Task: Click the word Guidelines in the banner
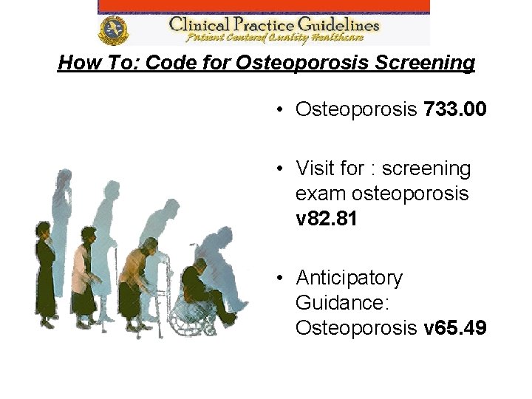point(332,24)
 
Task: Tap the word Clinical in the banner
point(194,24)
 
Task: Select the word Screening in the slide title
point(425,63)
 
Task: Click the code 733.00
point(454,110)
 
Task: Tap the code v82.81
point(327,219)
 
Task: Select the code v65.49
point(455,328)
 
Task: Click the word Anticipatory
point(349,278)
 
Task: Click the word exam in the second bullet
point(316,194)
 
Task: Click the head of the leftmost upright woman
point(42,230)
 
